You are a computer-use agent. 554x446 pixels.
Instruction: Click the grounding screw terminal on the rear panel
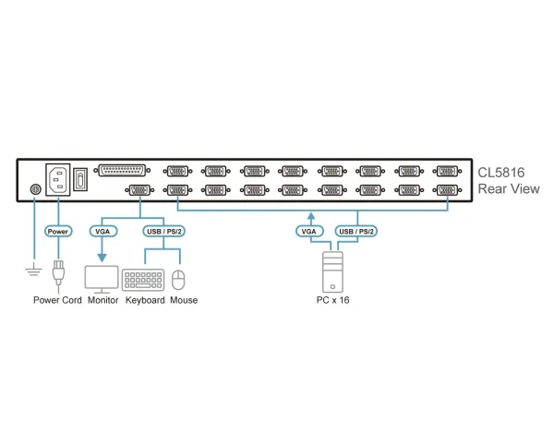pos(35,189)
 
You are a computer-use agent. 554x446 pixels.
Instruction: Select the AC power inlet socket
pos(58,179)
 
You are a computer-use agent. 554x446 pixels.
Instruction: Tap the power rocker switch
pos(80,179)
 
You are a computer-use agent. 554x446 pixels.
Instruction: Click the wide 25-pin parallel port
pos(122,171)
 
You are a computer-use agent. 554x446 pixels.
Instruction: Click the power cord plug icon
pos(58,271)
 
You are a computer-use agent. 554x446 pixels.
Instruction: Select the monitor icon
pos(102,279)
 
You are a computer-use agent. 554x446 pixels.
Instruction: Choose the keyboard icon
pos(143,280)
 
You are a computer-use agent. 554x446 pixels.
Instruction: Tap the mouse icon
pos(178,280)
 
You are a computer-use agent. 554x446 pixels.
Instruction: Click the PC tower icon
pos(332,272)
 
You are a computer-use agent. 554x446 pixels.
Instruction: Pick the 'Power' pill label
pos(58,232)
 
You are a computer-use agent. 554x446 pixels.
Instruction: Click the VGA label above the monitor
pos(102,232)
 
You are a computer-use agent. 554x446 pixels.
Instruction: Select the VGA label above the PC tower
pos(309,232)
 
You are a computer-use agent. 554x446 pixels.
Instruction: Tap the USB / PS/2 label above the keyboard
pos(164,232)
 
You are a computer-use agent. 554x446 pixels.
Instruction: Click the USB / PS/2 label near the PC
pos(356,232)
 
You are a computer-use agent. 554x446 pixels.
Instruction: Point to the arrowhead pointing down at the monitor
pos(102,258)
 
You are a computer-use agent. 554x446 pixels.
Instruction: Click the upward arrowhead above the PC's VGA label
pos(310,216)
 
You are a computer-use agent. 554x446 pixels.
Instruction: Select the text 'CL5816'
pos(501,173)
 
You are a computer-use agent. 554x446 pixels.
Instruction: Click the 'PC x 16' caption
pos(332,300)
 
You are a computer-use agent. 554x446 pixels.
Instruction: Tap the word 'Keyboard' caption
pos(145,300)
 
